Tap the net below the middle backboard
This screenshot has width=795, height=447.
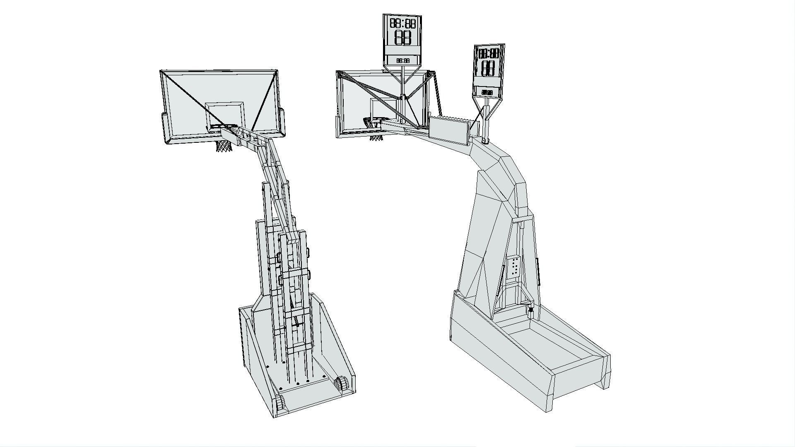point(376,137)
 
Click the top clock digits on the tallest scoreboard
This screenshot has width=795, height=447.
point(402,23)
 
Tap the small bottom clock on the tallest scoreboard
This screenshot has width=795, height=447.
point(402,60)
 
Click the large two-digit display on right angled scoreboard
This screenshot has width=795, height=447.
point(488,68)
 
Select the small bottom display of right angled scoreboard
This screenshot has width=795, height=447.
point(487,92)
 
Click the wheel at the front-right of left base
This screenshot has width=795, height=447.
point(342,383)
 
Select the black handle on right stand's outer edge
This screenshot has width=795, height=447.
point(539,271)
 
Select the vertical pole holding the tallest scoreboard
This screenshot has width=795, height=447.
point(402,85)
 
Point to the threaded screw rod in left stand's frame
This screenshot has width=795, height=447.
point(295,315)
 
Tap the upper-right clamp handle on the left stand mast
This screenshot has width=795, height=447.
point(308,251)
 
